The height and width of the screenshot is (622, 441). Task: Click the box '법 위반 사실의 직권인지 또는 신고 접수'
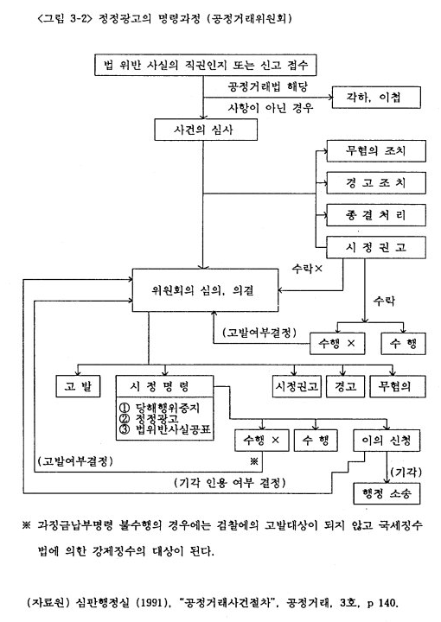205,65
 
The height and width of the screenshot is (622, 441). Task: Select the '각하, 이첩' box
376,97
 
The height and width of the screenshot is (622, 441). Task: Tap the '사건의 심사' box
206,130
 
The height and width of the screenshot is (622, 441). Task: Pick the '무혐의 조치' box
376,150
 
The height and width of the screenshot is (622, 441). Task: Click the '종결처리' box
376,215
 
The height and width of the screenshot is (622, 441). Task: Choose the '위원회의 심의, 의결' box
205,290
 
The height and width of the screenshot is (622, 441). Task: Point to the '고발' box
78,386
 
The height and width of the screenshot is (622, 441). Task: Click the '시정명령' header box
165,386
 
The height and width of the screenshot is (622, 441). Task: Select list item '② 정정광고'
149,418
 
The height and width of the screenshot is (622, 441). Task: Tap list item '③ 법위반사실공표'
165,429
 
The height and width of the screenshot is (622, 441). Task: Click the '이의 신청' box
387,441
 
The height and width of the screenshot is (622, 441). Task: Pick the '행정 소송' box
387,493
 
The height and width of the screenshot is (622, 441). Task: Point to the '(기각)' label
406,472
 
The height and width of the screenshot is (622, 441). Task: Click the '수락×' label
307,269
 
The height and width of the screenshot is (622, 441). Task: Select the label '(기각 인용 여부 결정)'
230,482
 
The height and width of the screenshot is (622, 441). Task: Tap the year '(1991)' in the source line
150,603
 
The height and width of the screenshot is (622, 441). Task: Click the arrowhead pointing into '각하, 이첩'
329,97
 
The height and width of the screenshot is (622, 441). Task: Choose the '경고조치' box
376,183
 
